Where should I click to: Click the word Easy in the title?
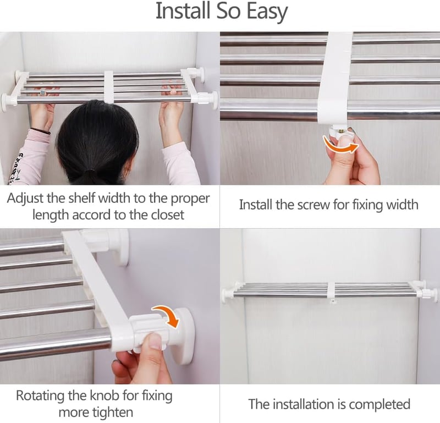(267, 12)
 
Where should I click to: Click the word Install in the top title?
(183, 10)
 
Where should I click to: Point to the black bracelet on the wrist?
(40, 130)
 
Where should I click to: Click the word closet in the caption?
(168, 215)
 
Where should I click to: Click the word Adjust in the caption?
(25, 199)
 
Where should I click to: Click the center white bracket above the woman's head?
(109, 86)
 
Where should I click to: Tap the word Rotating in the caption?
(41, 396)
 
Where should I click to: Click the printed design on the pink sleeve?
(15, 168)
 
